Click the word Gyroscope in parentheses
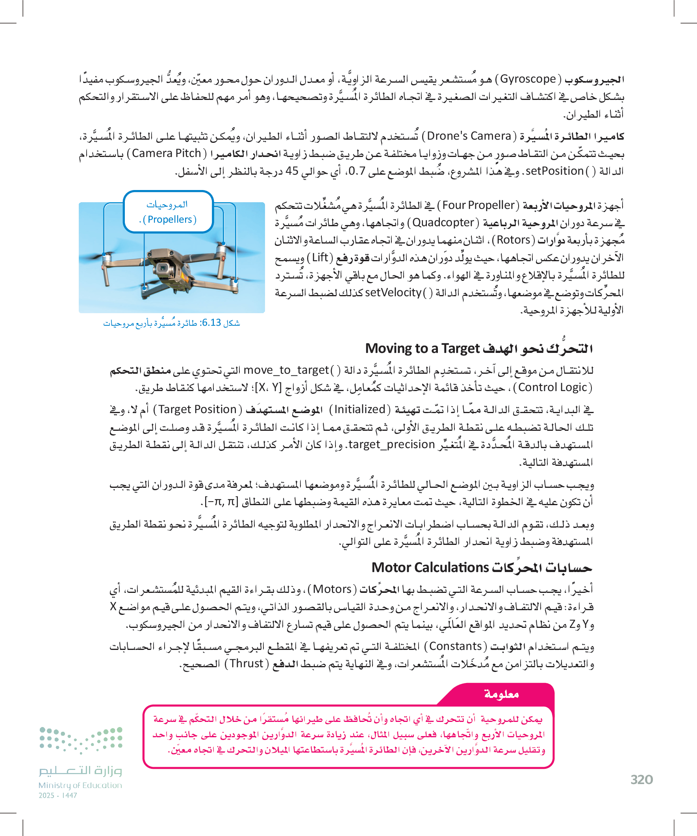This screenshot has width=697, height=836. (528, 79)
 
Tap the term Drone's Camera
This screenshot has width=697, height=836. (469, 136)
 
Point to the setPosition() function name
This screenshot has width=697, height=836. (555, 171)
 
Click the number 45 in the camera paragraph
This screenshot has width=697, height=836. (292, 171)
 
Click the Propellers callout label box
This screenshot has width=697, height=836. (168, 212)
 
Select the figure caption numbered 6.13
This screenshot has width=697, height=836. (171, 323)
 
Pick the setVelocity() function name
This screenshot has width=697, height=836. (393, 293)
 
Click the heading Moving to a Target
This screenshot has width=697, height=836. (423, 349)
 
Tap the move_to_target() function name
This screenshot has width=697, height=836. (286, 370)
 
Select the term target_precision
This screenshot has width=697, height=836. (391, 444)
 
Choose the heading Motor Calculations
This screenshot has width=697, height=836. (430, 568)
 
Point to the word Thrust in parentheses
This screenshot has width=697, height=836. (247, 664)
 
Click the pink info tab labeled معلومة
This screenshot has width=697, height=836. (501, 694)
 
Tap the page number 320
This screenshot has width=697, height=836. (641, 779)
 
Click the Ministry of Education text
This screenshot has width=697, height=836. (80, 785)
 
